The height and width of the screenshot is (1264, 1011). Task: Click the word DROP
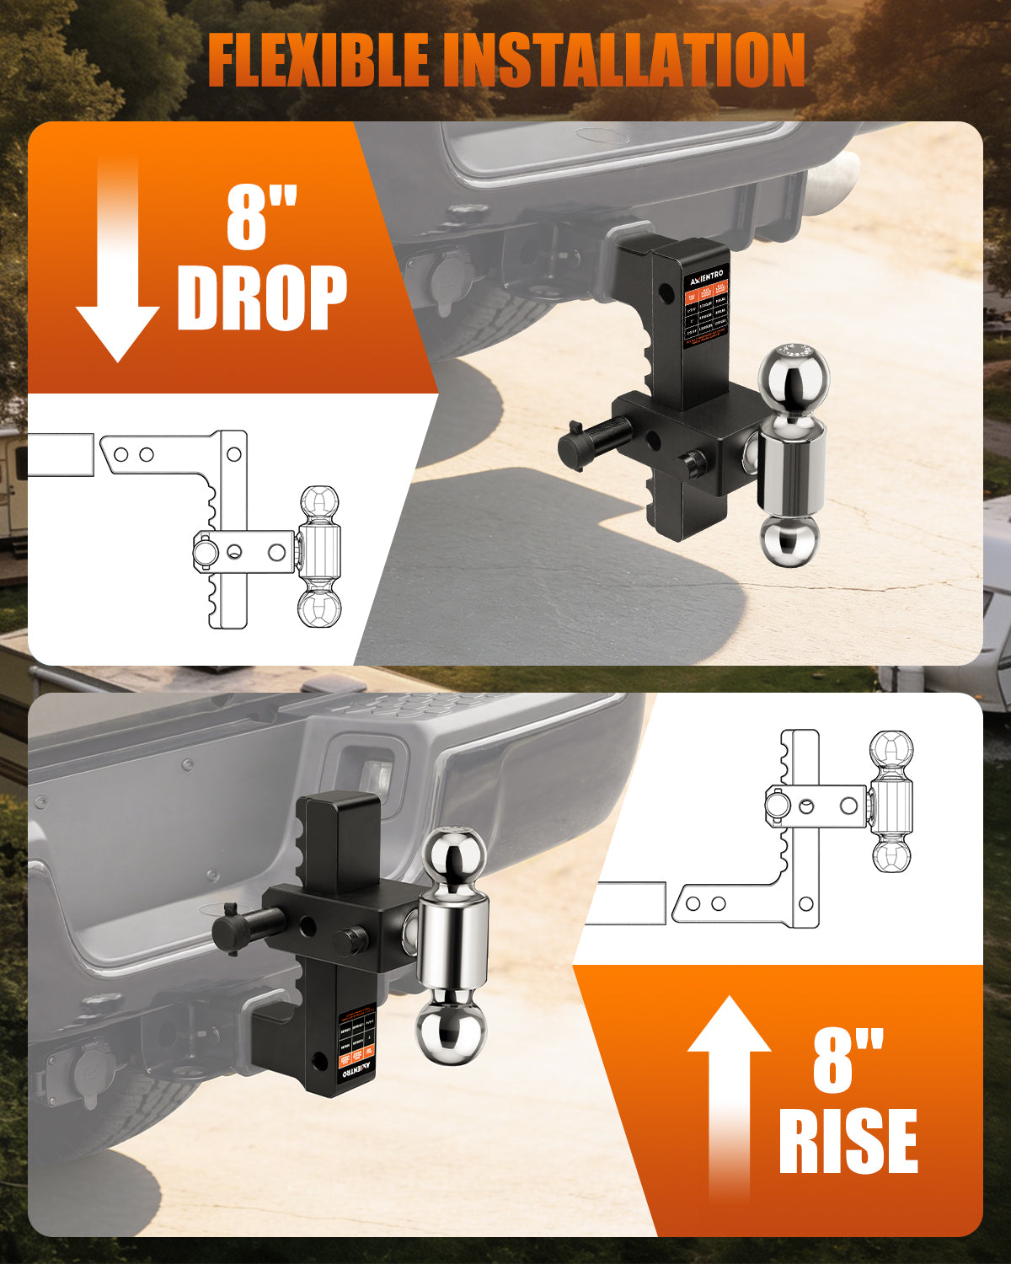(x=261, y=299)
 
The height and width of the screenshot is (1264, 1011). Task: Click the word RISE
(x=848, y=1142)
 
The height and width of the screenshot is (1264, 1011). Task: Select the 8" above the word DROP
(x=261, y=217)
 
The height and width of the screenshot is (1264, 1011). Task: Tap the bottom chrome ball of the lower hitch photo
(x=452, y=1026)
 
